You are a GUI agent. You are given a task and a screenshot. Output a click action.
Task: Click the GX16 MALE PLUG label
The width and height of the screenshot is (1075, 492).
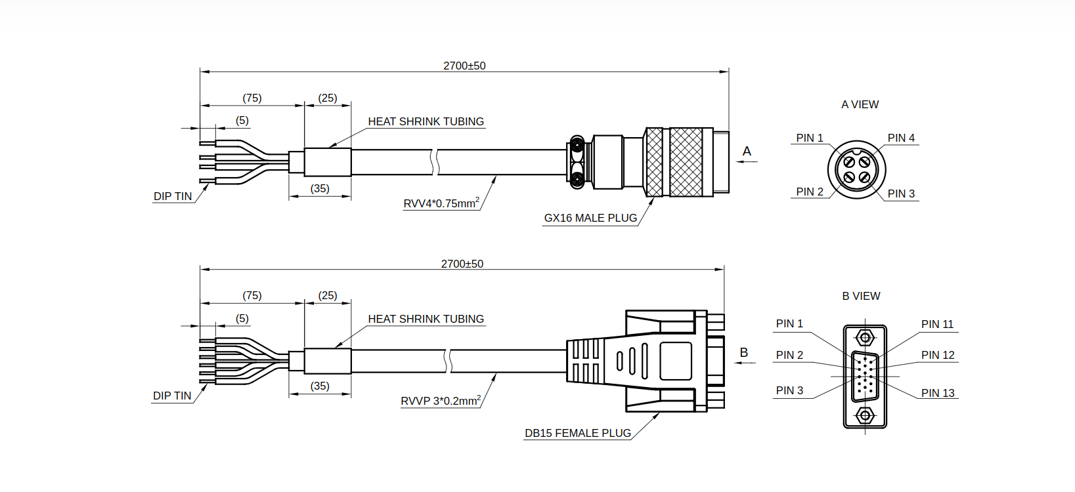(x=590, y=218)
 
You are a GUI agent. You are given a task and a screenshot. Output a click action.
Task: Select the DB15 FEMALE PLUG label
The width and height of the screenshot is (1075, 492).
(x=578, y=434)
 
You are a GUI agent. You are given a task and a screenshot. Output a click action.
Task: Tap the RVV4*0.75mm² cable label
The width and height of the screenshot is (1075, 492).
(x=441, y=203)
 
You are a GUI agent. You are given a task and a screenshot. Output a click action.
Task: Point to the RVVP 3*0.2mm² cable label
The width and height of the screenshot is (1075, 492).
(x=441, y=400)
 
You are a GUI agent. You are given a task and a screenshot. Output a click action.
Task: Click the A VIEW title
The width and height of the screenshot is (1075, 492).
(x=860, y=104)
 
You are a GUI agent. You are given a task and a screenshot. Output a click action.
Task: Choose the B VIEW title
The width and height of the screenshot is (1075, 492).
(x=861, y=297)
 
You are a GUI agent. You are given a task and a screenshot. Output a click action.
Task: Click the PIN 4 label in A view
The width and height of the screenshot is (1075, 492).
(x=901, y=138)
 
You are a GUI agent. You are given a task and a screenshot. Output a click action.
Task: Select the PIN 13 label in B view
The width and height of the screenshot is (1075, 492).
(x=938, y=393)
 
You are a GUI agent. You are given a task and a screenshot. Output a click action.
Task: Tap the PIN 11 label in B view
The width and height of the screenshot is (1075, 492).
(x=937, y=324)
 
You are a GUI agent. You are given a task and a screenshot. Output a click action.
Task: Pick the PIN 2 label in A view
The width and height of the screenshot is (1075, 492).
(x=810, y=192)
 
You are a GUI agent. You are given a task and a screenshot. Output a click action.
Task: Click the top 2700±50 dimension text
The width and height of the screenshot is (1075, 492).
(x=464, y=66)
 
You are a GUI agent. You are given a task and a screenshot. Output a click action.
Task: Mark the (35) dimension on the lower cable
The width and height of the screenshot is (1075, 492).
(x=320, y=386)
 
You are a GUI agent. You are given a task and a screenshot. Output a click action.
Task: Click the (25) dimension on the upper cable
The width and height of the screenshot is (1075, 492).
(x=327, y=98)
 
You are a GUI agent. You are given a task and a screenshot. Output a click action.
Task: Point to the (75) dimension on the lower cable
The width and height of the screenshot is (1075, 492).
(x=252, y=295)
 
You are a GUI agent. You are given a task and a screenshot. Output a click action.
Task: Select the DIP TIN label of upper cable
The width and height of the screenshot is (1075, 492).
(x=173, y=197)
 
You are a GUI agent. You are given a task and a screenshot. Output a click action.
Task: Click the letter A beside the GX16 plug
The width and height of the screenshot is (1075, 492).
(x=747, y=152)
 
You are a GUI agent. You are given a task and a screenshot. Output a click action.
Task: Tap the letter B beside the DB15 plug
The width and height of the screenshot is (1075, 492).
(x=744, y=352)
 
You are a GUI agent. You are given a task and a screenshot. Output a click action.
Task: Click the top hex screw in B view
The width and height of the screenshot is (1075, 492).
(x=865, y=338)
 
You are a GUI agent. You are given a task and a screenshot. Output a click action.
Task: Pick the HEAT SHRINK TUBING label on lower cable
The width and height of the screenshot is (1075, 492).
(x=426, y=319)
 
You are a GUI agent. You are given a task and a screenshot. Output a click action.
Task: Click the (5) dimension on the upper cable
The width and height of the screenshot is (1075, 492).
(x=242, y=120)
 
